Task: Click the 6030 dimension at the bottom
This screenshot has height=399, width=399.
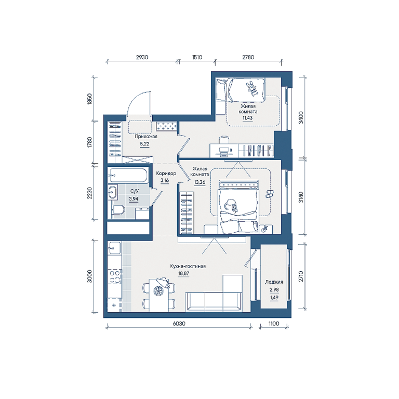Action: click(x=179, y=324)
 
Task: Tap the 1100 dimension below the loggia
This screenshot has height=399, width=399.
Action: click(x=274, y=324)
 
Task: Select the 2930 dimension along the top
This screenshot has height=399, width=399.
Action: click(x=142, y=57)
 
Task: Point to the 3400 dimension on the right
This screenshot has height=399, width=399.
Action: click(x=301, y=117)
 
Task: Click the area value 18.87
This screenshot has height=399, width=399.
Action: click(x=184, y=274)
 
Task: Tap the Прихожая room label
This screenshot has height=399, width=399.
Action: click(x=146, y=137)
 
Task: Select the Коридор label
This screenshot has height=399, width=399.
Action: click(x=166, y=174)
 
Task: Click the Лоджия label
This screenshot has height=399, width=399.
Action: click(x=274, y=282)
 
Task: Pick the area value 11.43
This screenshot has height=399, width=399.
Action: click(x=248, y=118)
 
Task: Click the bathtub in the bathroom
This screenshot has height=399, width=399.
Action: click(x=128, y=175)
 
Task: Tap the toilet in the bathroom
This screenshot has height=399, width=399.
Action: click(x=118, y=210)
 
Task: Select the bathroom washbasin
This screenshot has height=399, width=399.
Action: click(x=113, y=192)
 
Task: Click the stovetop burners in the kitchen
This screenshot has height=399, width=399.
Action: click(x=114, y=277)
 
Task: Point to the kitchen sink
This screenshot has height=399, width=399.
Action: click(x=114, y=248)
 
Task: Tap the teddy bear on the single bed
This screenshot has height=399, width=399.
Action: click(x=251, y=89)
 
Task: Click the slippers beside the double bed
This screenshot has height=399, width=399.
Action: click(x=269, y=193)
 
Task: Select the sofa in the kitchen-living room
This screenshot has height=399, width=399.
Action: click(x=213, y=302)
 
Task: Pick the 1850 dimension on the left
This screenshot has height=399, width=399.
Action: click(x=89, y=99)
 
